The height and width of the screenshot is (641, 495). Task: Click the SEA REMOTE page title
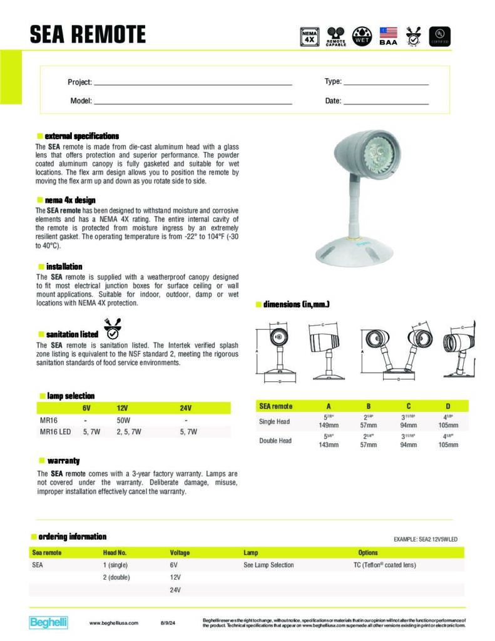(x=88, y=34)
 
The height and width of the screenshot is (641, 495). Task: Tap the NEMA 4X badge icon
(x=310, y=36)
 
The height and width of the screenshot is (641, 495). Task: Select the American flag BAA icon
(x=388, y=36)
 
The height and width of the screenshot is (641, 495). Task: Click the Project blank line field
(x=192, y=83)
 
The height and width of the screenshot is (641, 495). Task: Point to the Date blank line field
(x=386, y=101)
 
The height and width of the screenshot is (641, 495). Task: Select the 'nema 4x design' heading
(x=69, y=200)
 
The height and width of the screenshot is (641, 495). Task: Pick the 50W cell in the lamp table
(x=123, y=421)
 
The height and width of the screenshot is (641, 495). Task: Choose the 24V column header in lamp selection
(x=186, y=408)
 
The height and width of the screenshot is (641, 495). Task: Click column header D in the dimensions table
(x=447, y=406)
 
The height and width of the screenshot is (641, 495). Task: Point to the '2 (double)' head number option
(x=116, y=577)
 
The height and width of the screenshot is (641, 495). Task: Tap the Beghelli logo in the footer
(x=49, y=622)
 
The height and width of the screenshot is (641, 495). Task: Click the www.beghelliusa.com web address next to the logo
(x=114, y=623)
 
